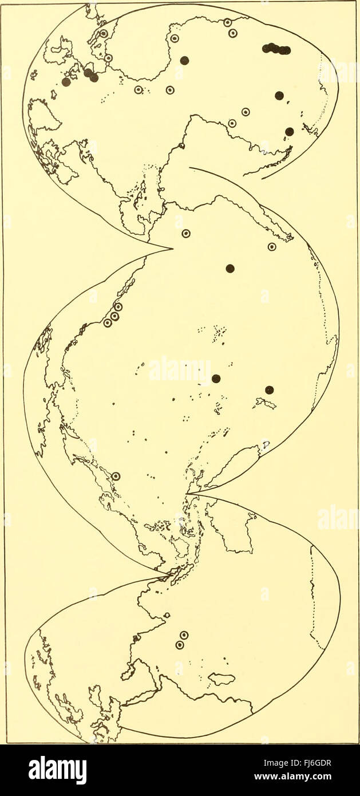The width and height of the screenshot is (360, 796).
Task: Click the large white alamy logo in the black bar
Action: tap(58, 769)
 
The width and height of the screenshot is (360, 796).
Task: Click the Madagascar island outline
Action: tap(221, 679)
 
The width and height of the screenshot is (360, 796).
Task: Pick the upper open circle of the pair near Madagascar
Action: tap(184, 635)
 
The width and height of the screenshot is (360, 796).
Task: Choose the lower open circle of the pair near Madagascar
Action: tap(180, 645)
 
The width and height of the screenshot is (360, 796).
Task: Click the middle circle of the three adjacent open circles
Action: tap(114, 316)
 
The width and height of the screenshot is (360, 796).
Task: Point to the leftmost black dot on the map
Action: tap(66, 82)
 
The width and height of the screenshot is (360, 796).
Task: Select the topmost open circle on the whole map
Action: tap(228, 22)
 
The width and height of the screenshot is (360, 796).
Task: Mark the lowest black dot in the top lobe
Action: tap(290, 132)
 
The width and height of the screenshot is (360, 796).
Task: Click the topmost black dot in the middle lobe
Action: tap(230, 268)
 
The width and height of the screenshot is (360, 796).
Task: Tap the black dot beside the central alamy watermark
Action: tap(216, 379)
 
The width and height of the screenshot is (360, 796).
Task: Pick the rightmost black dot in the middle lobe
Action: tap(270, 390)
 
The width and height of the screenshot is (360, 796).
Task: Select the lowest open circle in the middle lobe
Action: tap(116, 476)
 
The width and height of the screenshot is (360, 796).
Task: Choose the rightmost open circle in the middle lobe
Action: tap(272, 247)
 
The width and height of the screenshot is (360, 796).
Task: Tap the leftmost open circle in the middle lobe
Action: tap(107, 323)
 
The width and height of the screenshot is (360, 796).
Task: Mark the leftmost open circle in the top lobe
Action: tap(104, 33)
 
